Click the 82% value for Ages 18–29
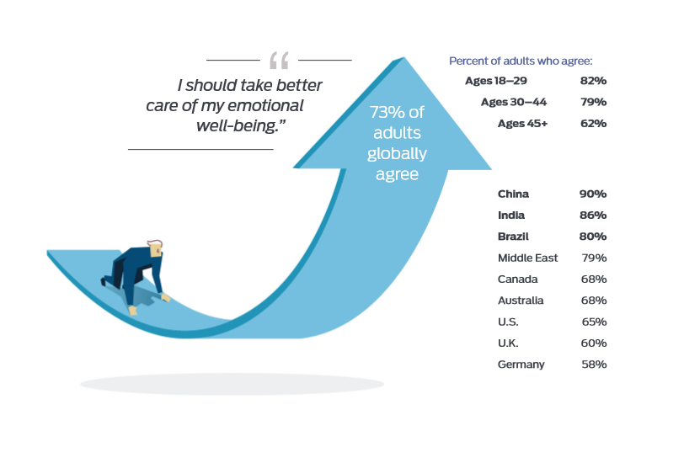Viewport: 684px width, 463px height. click(x=593, y=81)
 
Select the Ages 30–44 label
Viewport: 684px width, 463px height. click(x=514, y=102)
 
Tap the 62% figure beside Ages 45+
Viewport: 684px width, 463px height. click(x=593, y=124)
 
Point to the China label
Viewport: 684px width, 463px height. click(x=513, y=194)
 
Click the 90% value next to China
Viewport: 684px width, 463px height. click(x=593, y=194)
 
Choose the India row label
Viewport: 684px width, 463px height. click(x=511, y=216)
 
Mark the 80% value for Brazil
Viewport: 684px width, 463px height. click(x=593, y=237)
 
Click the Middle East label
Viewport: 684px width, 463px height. click(x=527, y=258)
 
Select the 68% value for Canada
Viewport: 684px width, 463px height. click(x=594, y=279)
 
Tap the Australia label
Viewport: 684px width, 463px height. click(x=521, y=301)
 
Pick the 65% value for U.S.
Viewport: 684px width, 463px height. click(x=594, y=322)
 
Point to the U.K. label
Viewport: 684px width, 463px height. click(x=508, y=343)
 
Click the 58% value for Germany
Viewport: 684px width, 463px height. click(x=594, y=365)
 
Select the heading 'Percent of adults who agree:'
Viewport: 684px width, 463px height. click(x=521, y=61)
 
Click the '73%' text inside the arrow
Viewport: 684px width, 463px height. click(x=387, y=113)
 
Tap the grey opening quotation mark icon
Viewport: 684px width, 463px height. click(x=279, y=60)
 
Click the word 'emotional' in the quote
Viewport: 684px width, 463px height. click(x=265, y=105)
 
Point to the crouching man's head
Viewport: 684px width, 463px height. click(x=155, y=248)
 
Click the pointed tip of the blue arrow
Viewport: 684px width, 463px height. click(x=404, y=57)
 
